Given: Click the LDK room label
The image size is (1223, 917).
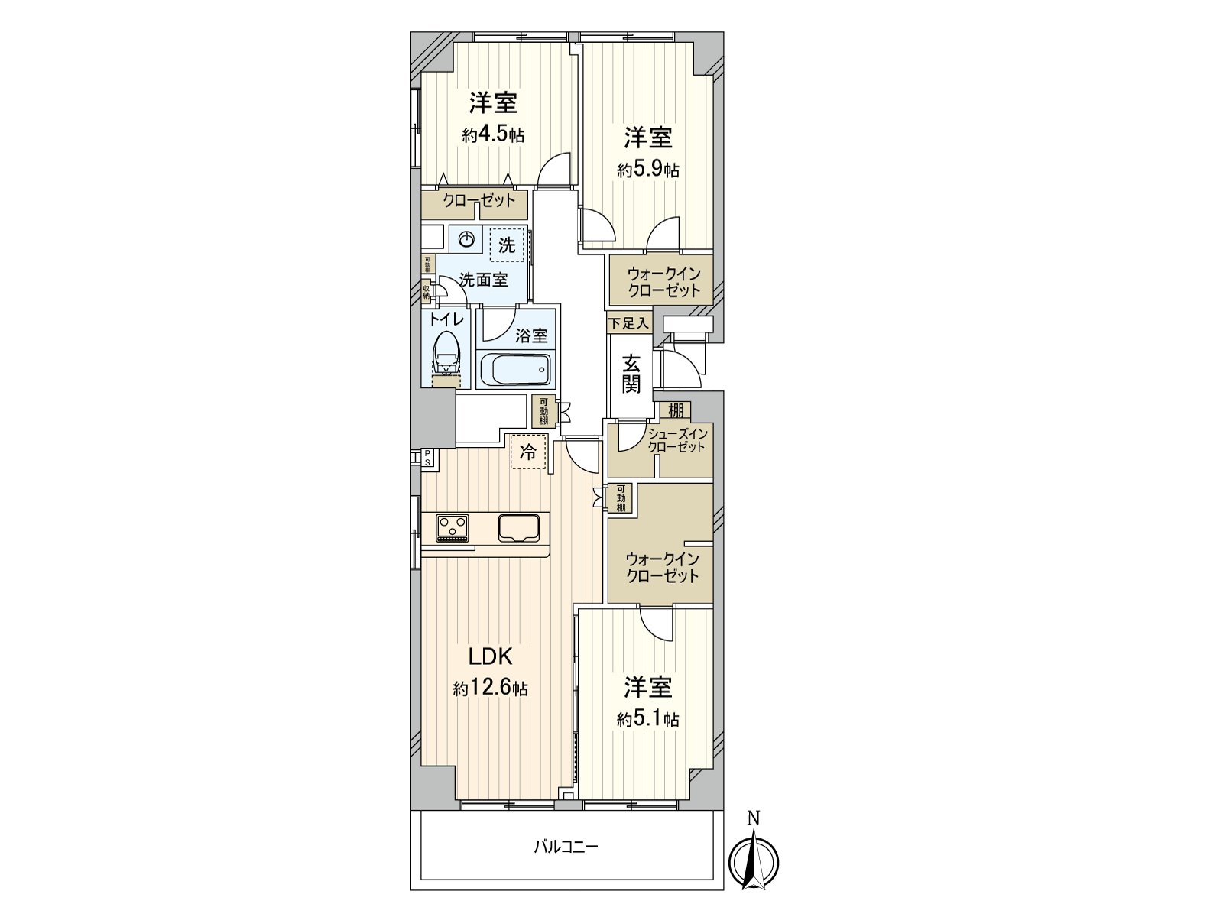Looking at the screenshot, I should pyautogui.click(x=489, y=656).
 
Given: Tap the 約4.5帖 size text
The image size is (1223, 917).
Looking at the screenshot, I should pyautogui.click(x=493, y=136).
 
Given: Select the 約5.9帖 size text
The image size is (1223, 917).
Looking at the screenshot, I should pyautogui.click(x=648, y=170).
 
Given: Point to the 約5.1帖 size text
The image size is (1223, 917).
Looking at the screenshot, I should pyautogui.click(x=648, y=719).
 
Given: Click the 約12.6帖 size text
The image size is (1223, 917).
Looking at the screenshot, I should pyautogui.click(x=490, y=689).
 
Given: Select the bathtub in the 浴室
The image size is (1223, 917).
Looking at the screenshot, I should pyautogui.click(x=515, y=371).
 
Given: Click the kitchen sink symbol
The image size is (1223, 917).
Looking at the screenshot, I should pyautogui.click(x=519, y=527).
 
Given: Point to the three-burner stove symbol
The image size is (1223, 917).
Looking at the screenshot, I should pyautogui.click(x=453, y=528).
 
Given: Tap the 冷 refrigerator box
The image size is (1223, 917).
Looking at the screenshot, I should pyautogui.click(x=528, y=451).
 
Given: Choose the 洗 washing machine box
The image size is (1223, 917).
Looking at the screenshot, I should pyautogui.click(x=508, y=245).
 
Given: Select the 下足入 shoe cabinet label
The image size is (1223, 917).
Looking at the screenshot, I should pyautogui.click(x=628, y=324).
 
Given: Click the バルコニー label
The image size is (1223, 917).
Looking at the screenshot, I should pyautogui.click(x=566, y=847).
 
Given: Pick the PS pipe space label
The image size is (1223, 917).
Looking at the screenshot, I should pyautogui.click(x=427, y=458).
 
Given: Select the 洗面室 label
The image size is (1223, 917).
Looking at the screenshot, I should pyautogui.click(x=483, y=280).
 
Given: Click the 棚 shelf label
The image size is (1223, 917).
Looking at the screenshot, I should pyautogui.click(x=675, y=410).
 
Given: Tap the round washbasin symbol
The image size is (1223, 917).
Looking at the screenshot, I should pyautogui.click(x=466, y=240).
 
